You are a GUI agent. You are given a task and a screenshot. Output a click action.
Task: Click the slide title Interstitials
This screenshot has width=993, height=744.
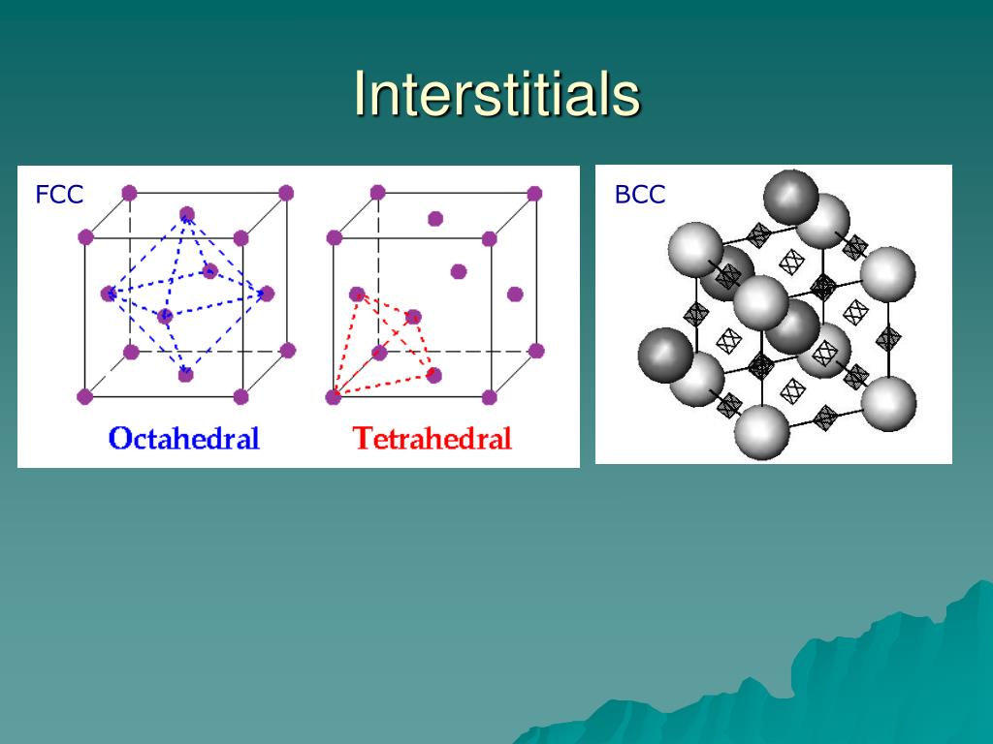[496, 94]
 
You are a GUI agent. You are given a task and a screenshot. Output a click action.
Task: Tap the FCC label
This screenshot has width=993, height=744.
[59, 195]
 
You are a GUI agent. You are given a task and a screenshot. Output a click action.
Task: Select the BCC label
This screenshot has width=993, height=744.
[640, 195]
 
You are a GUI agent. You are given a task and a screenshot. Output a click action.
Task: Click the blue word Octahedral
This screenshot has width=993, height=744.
[184, 438]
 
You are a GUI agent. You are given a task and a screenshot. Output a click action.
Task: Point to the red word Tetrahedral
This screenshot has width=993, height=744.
[432, 438]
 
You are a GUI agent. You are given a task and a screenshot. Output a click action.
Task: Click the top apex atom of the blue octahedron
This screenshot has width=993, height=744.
[187, 214]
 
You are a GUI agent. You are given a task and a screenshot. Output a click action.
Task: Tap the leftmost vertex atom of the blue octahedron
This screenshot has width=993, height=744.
[108, 294]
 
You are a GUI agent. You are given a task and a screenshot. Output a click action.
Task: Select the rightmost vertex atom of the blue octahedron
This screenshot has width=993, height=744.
[267, 294]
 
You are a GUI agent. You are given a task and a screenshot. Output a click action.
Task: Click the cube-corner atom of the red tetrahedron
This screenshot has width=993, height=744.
[334, 396]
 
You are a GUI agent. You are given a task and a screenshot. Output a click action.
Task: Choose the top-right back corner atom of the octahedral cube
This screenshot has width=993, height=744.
[286, 193]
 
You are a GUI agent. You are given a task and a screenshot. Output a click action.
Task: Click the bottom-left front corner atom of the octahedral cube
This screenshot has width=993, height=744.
[85, 396]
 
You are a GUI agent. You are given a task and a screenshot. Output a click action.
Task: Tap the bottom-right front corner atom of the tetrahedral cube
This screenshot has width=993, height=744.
[490, 396]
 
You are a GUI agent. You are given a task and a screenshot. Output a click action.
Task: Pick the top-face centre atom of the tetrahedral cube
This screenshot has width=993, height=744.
[435, 219]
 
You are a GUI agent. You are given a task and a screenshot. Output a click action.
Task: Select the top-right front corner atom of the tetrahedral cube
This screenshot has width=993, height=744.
[490, 238]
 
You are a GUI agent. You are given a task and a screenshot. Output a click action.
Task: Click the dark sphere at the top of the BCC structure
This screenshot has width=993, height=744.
[791, 198]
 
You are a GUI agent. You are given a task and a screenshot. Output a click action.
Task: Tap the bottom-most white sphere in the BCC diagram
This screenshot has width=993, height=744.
[763, 432]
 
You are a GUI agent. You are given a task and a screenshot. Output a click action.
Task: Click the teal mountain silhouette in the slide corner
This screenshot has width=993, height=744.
[873, 678]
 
